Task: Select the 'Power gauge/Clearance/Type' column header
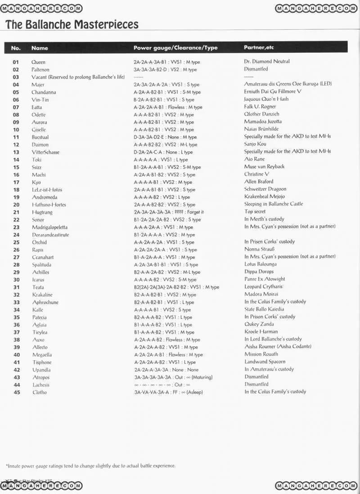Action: coord(175,48)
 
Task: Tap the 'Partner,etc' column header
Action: coord(259,47)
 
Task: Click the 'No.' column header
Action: coord(16,48)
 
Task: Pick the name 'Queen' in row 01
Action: coord(38,62)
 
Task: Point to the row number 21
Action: coord(16,212)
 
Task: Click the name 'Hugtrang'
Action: coord(42,212)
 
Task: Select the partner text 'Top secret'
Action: coord(255,211)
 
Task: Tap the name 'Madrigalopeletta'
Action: coord(49,227)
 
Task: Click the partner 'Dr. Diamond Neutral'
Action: coord(267,61)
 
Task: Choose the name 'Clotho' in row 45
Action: coord(40,392)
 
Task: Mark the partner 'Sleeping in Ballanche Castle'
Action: coord(274,204)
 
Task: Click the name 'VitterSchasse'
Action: coord(45,152)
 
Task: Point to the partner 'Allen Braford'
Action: coord(259,181)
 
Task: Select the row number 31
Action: coord(16,287)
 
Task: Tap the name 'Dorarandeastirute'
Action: coord(50,235)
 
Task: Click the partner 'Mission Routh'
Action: coord(261,354)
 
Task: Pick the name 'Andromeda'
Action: coord(45,197)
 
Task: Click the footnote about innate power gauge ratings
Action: coord(90,466)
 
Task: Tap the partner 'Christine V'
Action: coord(256,174)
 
